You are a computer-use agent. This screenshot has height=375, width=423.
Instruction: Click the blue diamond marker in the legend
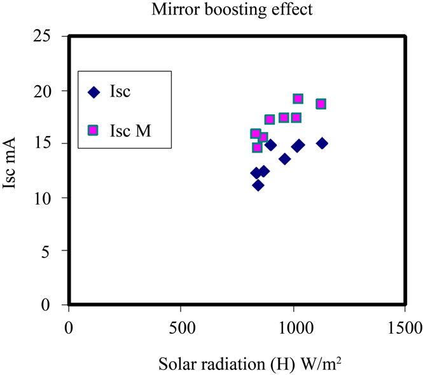coord(94,92)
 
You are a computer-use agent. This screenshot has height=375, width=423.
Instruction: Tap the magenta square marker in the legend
coord(94,130)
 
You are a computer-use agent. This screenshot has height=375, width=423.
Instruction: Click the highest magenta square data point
coord(298,99)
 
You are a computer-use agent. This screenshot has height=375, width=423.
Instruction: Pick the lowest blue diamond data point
coord(258,185)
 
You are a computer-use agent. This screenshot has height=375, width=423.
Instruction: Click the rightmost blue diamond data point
coord(322,144)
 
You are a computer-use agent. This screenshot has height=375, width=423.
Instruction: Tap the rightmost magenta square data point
coord(321,104)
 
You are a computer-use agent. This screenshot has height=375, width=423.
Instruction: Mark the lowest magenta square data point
coord(257,147)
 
